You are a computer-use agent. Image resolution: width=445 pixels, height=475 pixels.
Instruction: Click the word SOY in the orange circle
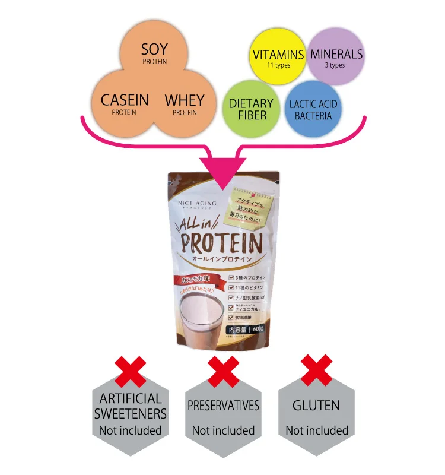[x=154, y=48]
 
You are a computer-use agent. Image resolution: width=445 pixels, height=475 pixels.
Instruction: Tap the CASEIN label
[x=124, y=100]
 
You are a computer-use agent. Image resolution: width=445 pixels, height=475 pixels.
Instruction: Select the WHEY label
[x=184, y=100]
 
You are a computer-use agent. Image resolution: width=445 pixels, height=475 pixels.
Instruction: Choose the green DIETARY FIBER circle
[x=250, y=109]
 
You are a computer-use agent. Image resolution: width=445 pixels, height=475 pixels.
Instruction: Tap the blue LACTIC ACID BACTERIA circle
[x=313, y=109]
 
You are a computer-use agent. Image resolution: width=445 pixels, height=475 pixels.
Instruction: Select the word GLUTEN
[x=316, y=406]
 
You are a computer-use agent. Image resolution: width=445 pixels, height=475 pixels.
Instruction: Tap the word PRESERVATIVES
[x=223, y=406]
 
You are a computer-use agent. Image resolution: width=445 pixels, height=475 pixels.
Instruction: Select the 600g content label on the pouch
[x=246, y=329]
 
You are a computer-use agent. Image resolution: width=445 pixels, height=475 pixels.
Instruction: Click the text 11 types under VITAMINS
[x=278, y=65]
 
